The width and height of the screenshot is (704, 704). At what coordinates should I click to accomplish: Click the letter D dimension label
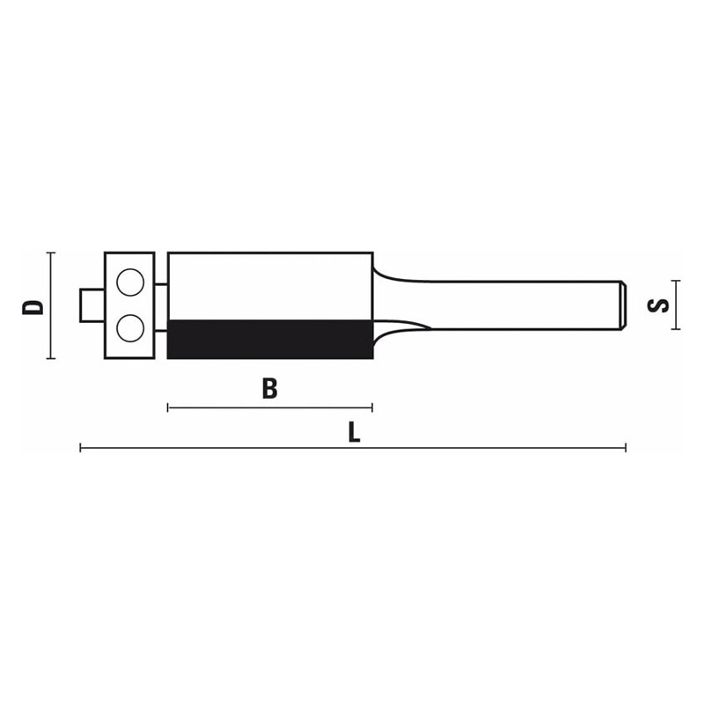(33, 306)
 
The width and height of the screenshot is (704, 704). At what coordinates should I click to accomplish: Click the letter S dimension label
(658, 305)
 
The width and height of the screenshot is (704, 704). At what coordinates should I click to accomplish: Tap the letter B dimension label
(269, 389)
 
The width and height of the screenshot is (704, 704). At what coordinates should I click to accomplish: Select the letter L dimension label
(355, 433)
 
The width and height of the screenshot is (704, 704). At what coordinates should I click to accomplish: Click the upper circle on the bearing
(130, 282)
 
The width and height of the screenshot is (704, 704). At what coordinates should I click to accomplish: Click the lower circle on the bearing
(130, 328)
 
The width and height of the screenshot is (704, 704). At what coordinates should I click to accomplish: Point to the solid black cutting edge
(270, 339)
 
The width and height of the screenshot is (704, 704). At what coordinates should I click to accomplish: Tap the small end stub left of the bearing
(92, 305)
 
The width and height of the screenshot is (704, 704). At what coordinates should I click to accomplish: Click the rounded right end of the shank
(624, 305)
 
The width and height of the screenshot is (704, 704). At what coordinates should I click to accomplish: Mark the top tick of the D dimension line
(51, 253)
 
